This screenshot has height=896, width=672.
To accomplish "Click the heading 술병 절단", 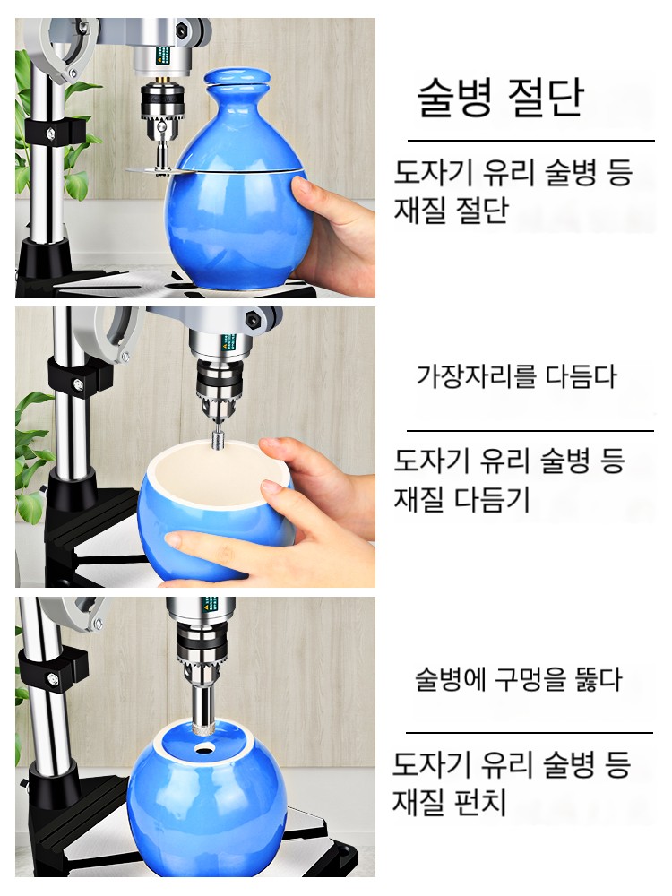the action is pyautogui.click(x=501, y=97).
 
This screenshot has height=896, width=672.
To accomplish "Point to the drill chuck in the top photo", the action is pyautogui.click(x=163, y=109).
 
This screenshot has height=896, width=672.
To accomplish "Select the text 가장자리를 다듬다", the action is pyautogui.click(x=517, y=376).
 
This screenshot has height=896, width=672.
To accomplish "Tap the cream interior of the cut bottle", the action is pyautogui.click(x=217, y=469).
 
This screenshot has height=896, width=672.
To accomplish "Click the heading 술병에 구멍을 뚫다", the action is pyautogui.click(x=518, y=679).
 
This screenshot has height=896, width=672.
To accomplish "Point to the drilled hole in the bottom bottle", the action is pyautogui.click(x=204, y=747).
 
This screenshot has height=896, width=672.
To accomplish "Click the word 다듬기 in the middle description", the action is pyautogui.click(x=492, y=499).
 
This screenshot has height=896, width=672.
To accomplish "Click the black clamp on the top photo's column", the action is pyautogui.click(x=56, y=132).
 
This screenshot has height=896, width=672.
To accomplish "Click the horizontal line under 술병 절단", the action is pyautogui.click(x=530, y=140).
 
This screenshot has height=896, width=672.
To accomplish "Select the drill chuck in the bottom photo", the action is pyautogui.click(x=197, y=652).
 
